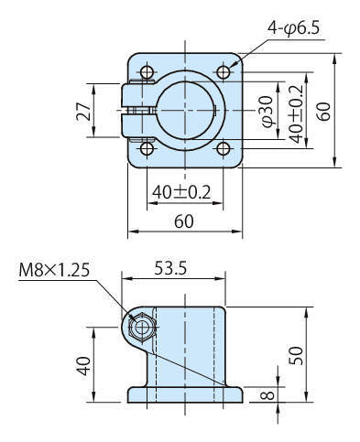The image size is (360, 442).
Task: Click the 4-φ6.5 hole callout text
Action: [x=293, y=28]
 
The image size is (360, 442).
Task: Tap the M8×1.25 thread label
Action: [x=54, y=270]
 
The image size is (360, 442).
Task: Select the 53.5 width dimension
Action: [x=170, y=268]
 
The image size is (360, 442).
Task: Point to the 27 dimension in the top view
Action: [x=83, y=112]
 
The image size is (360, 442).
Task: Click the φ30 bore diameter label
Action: [x=267, y=112]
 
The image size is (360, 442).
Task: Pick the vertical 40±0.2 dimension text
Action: [x=296, y=113]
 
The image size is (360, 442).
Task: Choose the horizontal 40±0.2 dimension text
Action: [x=181, y=192]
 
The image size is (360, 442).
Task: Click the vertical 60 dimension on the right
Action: [x=323, y=112]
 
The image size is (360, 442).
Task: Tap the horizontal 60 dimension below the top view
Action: [x=184, y=221]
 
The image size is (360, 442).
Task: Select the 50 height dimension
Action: [x=296, y=356]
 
